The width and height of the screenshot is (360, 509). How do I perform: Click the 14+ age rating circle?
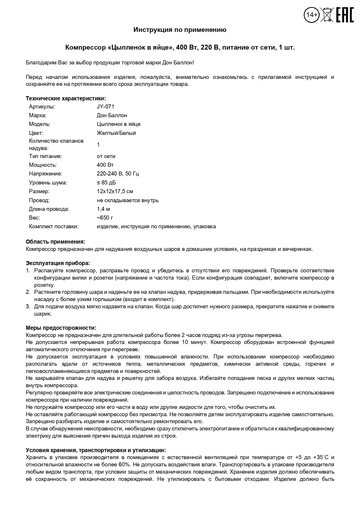point(312,15)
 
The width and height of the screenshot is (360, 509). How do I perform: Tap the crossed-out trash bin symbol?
point(327,15)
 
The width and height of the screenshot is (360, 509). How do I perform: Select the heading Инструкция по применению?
point(180,30)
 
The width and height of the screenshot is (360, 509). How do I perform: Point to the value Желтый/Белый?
point(116,133)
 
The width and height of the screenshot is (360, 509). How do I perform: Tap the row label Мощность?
point(43,165)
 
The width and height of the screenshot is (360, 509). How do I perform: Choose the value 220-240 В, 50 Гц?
point(118,174)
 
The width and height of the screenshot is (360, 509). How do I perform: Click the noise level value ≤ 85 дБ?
point(106,183)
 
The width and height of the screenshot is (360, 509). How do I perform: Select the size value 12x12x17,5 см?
point(115,191)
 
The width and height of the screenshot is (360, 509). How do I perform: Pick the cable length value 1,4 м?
point(103,209)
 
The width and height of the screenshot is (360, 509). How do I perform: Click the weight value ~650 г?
point(105,218)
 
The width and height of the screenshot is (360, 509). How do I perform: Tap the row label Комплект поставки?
point(54,227)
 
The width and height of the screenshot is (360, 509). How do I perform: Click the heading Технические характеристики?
point(66,98)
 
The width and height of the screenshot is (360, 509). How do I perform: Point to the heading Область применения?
point(55,242)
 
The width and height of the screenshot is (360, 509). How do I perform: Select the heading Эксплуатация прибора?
point(58,263)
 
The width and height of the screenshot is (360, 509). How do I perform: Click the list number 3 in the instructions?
point(28,307)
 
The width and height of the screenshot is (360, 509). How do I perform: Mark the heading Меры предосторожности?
point(61,328)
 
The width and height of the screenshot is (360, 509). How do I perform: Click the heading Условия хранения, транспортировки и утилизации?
point(96,450)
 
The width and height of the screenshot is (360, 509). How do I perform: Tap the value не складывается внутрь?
point(128,200)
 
